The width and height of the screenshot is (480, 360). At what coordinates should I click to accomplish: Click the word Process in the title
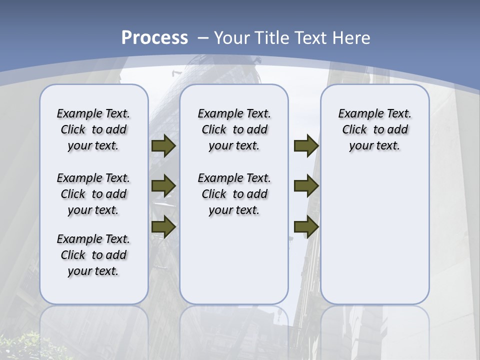point(154,38)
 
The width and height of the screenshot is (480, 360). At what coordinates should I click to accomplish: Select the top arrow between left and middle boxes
point(163,146)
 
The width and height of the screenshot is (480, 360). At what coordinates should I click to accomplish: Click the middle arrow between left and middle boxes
point(163,185)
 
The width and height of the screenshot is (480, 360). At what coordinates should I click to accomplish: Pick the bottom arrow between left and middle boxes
point(163,226)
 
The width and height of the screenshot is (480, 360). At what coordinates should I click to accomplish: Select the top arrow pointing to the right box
point(306,146)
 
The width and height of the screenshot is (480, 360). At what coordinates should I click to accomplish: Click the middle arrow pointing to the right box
point(306,185)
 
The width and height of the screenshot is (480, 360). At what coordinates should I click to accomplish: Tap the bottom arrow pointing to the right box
point(306,226)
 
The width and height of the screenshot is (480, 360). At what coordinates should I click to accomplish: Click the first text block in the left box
point(93,129)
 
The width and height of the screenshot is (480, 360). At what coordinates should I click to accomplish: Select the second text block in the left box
point(93,194)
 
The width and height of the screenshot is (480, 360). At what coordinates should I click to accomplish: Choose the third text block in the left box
point(93,255)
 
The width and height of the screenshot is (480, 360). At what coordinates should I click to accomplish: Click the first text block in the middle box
point(234,129)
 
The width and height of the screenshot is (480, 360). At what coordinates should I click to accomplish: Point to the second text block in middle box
point(234,194)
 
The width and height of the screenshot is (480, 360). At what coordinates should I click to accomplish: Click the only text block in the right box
point(374,129)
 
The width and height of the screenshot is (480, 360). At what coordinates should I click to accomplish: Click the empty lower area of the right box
point(374,240)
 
